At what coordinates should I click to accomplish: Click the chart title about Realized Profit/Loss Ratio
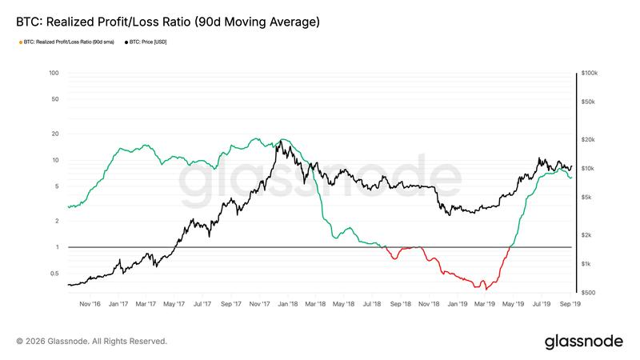click(168, 22)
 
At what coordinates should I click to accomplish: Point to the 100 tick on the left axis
click(54, 73)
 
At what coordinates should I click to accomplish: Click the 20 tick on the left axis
click(56, 134)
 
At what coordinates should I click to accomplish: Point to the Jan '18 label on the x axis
click(288, 304)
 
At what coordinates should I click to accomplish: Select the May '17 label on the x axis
click(174, 304)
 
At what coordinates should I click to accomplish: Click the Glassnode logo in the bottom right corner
click(583, 341)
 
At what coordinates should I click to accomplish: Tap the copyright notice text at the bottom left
click(91, 342)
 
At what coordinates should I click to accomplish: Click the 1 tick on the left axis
click(58, 247)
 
